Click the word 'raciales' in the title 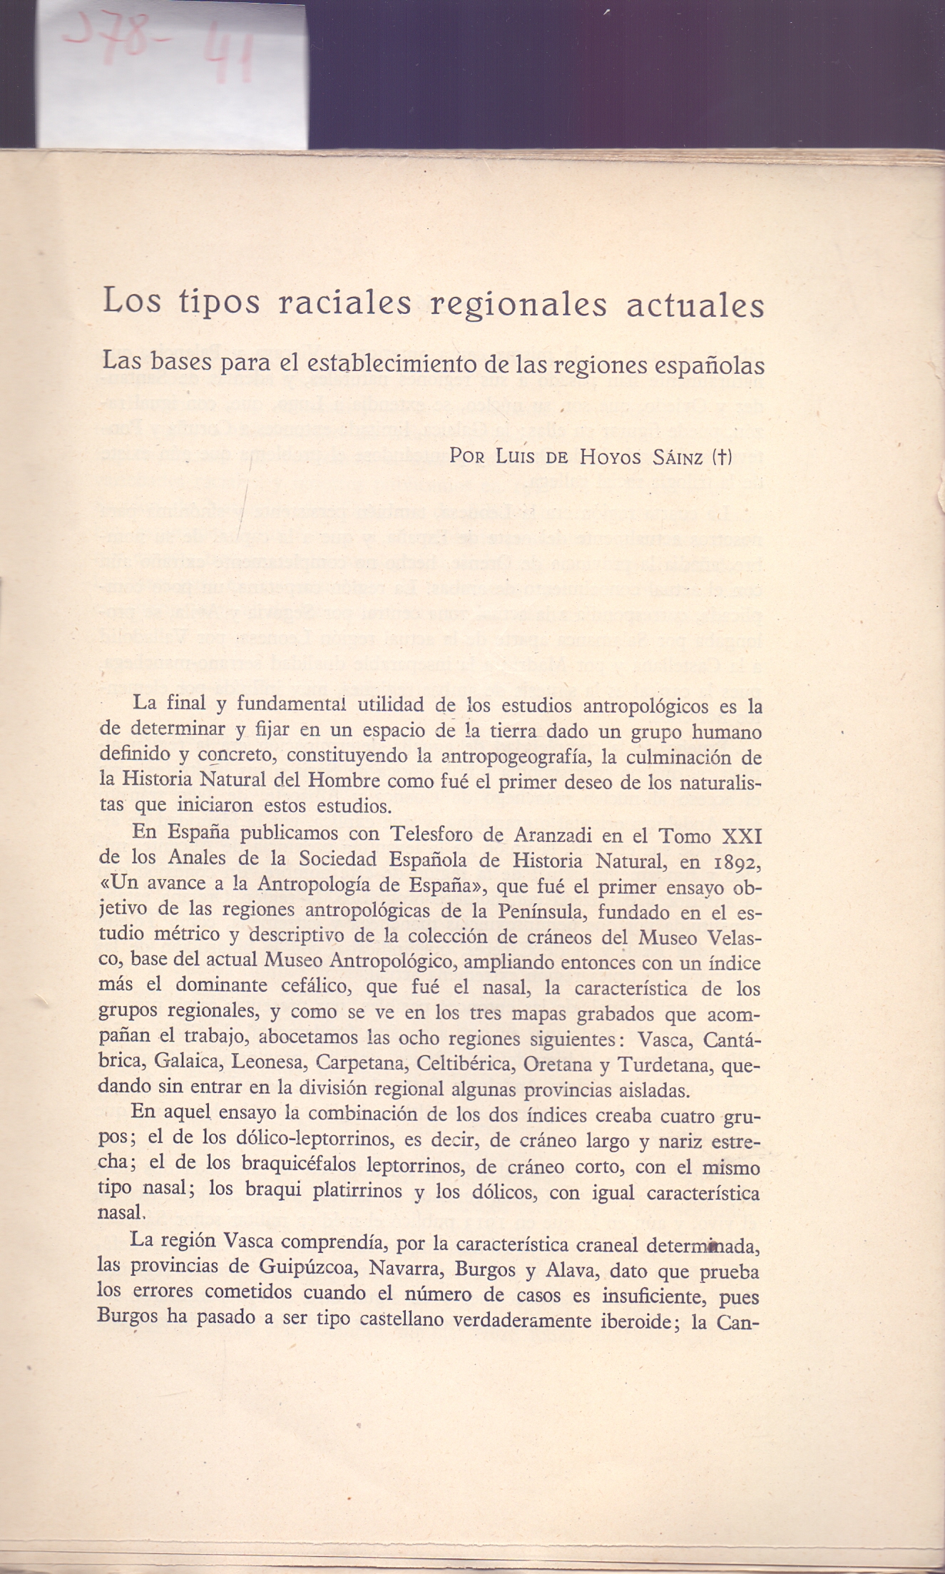(344, 304)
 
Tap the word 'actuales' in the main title (695, 305)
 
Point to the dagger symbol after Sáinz (722, 457)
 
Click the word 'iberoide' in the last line (631, 1321)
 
